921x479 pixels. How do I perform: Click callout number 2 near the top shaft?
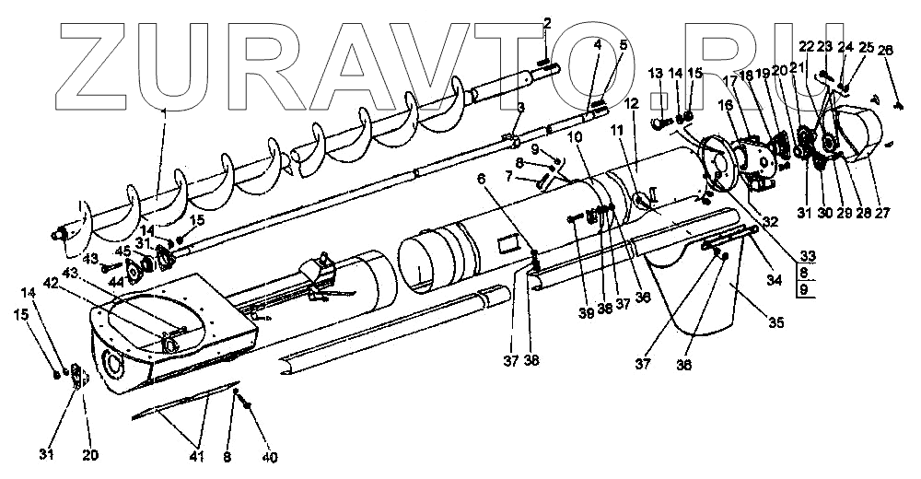click(547, 22)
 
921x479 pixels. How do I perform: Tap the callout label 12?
click(632, 105)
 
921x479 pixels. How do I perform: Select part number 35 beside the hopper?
click(778, 322)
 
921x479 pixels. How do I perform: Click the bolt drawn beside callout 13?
click(661, 121)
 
